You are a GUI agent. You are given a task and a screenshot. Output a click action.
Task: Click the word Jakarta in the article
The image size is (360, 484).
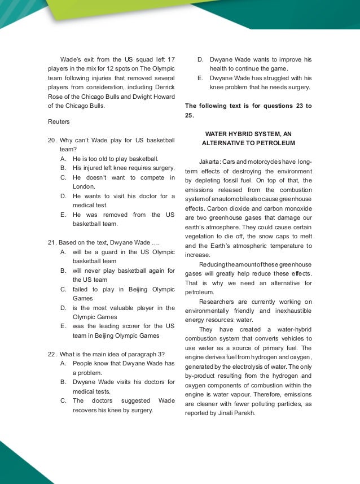tap(209, 162)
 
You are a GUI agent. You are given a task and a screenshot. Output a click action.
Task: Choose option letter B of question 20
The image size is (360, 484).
tap(63, 168)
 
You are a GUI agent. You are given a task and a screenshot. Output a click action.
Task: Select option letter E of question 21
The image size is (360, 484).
tap(63, 326)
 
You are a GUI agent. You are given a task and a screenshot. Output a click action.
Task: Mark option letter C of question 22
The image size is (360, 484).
tap(63, 400)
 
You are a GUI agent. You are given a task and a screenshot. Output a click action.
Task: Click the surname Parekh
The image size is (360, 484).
tap(243, 413)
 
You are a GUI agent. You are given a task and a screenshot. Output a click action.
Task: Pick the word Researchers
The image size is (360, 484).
tap(217, 302)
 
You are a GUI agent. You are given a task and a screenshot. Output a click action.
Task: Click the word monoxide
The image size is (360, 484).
tap(297, 208)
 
